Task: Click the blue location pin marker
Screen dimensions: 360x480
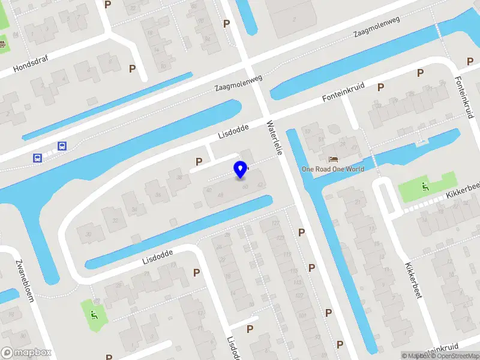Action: pos(240,170)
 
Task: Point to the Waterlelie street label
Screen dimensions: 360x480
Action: pos(274,138)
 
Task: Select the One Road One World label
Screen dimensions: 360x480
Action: pos(333,169)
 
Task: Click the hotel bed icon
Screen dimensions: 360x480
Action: pos(332,159)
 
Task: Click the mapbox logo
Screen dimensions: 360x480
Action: pos(26,353)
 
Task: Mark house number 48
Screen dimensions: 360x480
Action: pos(221,195)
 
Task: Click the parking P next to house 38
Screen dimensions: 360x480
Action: pos(199,161)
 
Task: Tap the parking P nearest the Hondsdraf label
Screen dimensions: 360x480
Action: pos(132,69)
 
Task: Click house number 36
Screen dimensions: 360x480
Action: pos(158,194)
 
